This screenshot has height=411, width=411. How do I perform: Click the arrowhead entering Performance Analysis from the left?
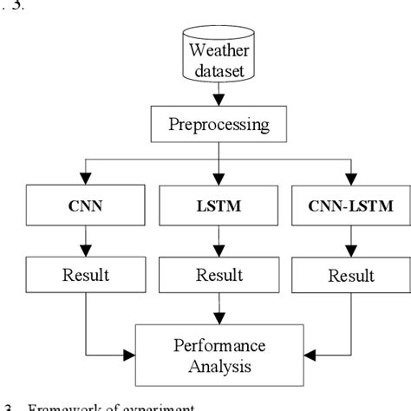[x=132, y=354]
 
